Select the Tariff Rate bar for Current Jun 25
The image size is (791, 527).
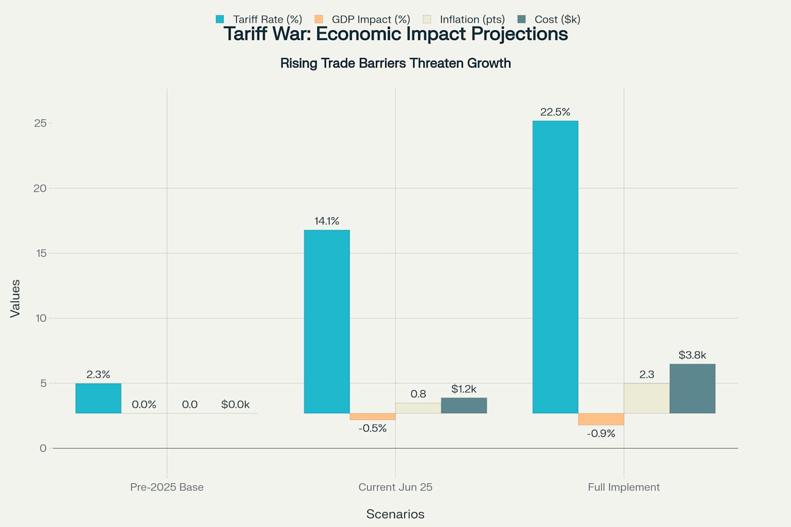click(x=326, y=321)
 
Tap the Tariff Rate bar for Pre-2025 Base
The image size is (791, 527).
click(x=98, y=398)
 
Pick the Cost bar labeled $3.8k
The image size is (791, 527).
click(x=692, y=388)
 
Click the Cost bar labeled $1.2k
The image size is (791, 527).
click(x=463, y=405)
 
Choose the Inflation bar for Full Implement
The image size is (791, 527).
click(x=646, y=398)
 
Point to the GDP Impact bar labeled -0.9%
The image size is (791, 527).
click(x=600, y=419)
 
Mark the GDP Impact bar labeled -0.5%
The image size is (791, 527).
click(x=372, y=416)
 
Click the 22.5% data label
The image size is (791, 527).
click(x=555, y=112)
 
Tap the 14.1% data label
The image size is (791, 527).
click(x=326, y=221)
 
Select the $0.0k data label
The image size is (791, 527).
click(x=235, y=405)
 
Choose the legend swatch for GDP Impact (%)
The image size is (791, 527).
click(x=319, y=20)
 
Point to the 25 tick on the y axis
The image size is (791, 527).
click(x=40, y=123)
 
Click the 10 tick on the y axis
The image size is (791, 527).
click(x=41, y=318)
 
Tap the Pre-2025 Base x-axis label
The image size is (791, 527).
click(x=167, y=487)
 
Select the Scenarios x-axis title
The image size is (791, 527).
click(x=395, y=514)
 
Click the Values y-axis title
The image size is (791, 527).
click(x=15, y=298)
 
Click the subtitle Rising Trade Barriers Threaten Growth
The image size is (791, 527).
click(x=395, y=63)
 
